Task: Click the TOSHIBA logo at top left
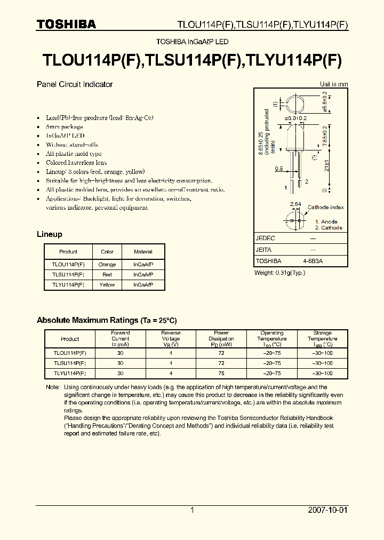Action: pyautogui.click(x=66, y=24)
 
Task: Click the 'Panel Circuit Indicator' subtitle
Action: pyautogui.click(x=75, y=84)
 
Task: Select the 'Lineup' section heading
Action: pyautogui.click(x=50, y=234)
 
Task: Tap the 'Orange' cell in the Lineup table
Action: pyautogui.click(x=107, y=265)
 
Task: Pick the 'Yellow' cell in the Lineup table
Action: pyautogui.click(x=107, y=285)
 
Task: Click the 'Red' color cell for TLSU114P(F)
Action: pyautogui.click(x=107, y=275)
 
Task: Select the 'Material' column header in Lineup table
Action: pyautogui.click(x=143, y=251)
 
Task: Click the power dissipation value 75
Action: pyautogui.click(x=221, y=374)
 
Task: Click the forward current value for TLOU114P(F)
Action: pyautogui.click(x=121, y=353)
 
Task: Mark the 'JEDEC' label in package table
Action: pyautogui.click(x=266, y=239)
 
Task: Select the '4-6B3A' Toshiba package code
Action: pyautogui.click(x=313, y=261)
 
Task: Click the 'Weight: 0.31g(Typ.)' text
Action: pyautogui.click(x=279, y=273)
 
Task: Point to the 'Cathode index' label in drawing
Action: pyautogui.click(x=326, y=207)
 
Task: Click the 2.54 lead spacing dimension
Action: pyautogui.click(x=294, y=204)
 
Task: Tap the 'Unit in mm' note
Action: pyautogui.click(x=334, y=84)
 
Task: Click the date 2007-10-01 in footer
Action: pyautogui.click(x=328, y=510)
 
